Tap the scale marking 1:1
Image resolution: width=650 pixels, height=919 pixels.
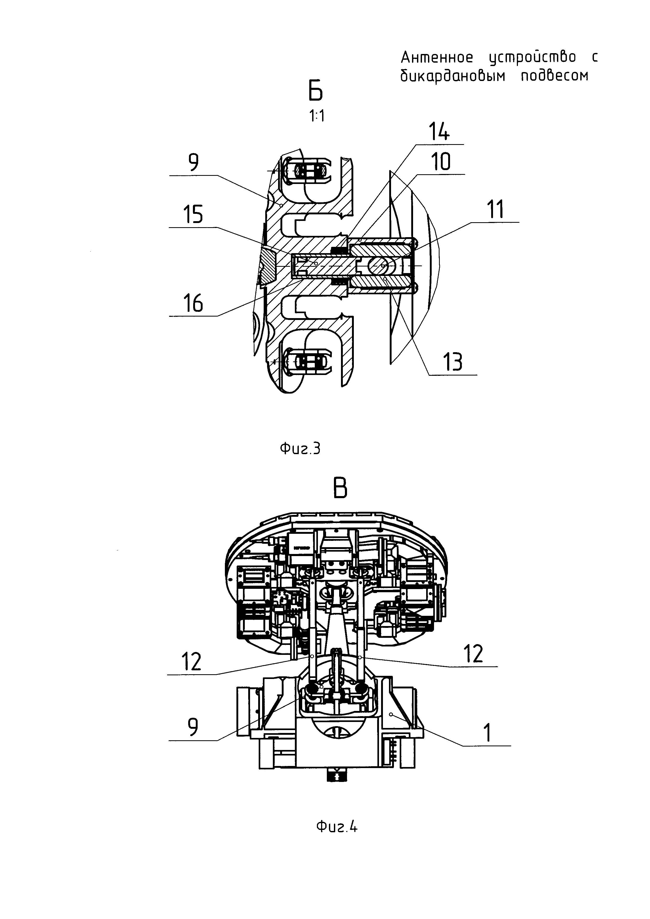[317, 116]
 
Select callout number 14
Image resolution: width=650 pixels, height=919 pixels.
[439, 132]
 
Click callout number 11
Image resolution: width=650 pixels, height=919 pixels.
[496, 209]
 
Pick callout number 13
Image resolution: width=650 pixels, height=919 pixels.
[453, 362]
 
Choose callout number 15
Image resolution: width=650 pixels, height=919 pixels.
[193, 215]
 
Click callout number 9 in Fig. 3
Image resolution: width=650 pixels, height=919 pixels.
[193, 162]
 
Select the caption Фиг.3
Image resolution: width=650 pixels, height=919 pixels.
[300, 449]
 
